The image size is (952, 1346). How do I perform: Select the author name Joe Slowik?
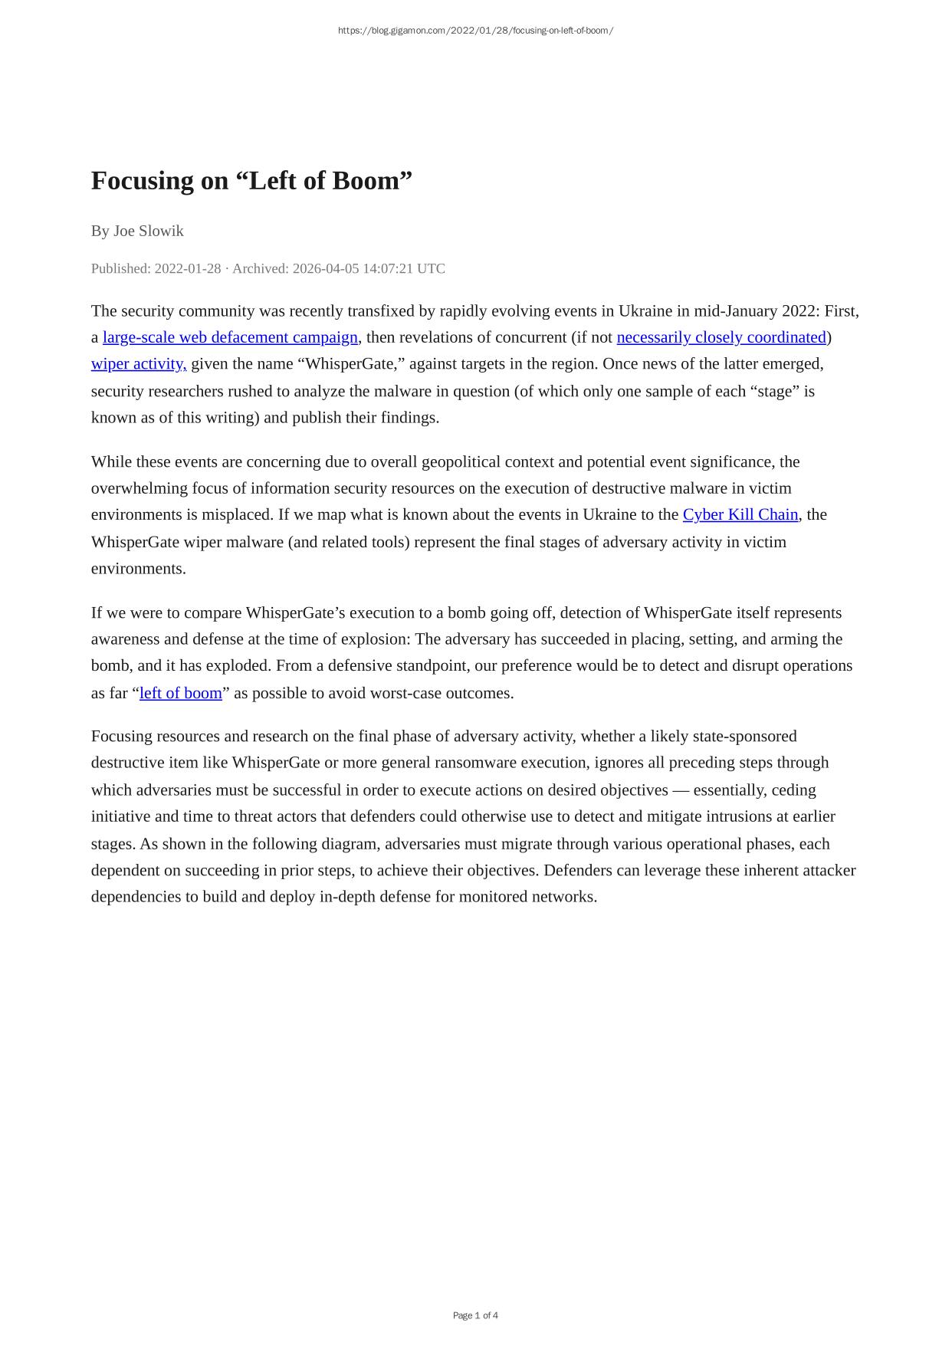coord(149,231)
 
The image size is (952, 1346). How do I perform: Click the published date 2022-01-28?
coord(188,268)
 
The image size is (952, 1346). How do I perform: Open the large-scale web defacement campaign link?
coord(230,337)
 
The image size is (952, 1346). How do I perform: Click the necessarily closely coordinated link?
coord(721,337)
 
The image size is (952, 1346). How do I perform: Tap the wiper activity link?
coord(139,363)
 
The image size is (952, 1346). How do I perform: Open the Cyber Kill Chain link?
coord(740,514)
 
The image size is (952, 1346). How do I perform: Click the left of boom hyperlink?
coord(181,693)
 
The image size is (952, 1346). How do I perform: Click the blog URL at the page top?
coord(475,31)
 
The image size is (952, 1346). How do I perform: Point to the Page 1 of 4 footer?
coord(475,1315)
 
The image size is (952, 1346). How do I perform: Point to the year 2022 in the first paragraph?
coord(799,310)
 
